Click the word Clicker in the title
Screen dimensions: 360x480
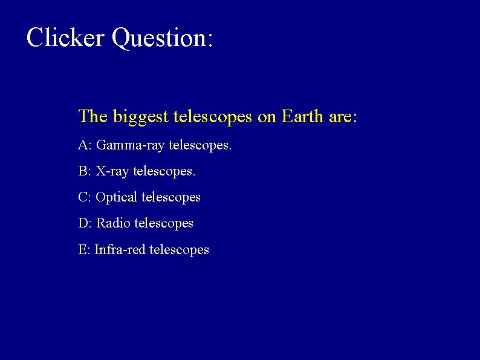point(65,38)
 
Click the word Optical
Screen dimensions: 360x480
point(117,198)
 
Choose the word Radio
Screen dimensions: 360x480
point(114,223)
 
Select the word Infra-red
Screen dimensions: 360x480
point(120,249)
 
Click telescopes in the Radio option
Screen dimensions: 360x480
point(164,224)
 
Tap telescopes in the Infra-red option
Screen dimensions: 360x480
point(179,250)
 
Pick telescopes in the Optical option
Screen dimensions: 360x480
point(171,198)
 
